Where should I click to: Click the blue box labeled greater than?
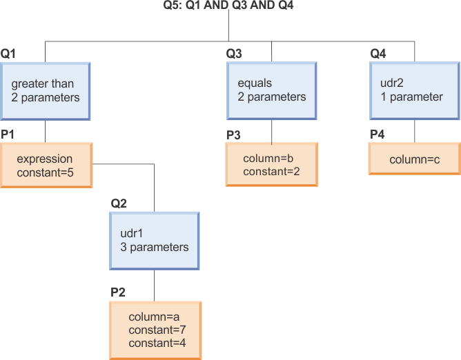46,90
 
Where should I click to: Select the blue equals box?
272,90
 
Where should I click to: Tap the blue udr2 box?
415,90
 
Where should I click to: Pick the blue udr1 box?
154,240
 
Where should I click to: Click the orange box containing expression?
46,166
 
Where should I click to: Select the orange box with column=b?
272,165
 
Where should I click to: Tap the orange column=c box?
414,160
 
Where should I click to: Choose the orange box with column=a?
155,330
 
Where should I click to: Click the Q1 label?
8,53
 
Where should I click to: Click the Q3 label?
234,53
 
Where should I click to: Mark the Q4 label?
378,53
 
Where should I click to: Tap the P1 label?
8,131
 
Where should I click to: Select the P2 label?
118,292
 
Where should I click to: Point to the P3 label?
233,134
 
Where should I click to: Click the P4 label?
377,134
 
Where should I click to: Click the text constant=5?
45,172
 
